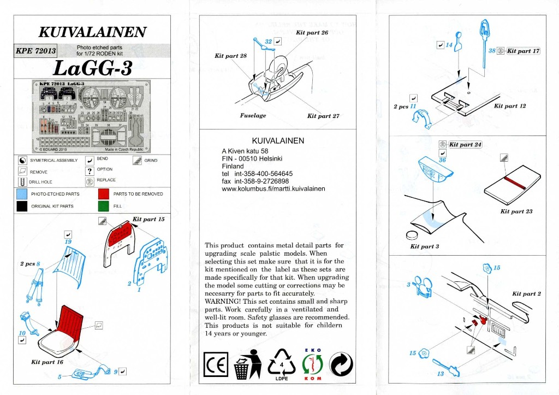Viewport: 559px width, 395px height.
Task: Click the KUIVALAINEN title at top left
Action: [x=93, y=31]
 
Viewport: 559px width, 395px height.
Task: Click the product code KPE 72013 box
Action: [x=36, y=51]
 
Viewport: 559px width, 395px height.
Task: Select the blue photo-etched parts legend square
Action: [x=22, y=194]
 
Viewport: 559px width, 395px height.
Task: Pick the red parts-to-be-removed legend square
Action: [x=104, y=194]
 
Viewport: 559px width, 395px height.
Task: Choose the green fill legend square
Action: [x=104, y=207]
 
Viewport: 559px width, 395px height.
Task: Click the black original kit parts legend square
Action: [x=22, y=207]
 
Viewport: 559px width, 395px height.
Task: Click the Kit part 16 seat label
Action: [x=47, y=362]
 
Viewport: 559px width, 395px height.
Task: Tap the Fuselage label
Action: [x=253, y=116]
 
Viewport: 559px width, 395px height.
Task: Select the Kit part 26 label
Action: [x=312, y=33]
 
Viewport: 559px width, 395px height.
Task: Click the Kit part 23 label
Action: [x=516, y=211]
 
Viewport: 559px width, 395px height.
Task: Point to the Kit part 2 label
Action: [x=526, y=294]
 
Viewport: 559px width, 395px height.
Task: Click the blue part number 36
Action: [x=443, y=161]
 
